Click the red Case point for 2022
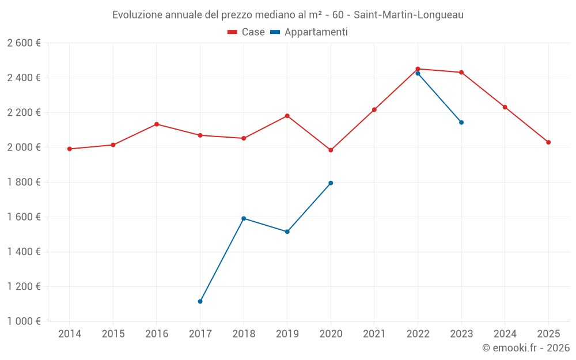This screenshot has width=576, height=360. pos(418,69)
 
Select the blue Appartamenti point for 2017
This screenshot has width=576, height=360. pos(200,301)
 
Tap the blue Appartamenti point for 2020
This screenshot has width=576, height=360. pos(331,183)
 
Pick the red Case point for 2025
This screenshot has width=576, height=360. pos(548,142)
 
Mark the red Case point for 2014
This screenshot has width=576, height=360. pos(70,149)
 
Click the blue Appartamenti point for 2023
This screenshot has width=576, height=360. pos(461,122)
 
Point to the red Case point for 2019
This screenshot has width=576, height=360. pos(287,116)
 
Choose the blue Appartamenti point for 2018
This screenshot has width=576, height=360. pos(244,218)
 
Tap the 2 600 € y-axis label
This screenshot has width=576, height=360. pos(24,43)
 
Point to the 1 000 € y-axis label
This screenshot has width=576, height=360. pos(24,321)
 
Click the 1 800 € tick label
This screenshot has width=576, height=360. pos(24,182)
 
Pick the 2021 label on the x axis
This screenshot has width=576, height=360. pos(374,334)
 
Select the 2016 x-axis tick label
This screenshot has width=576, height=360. pos(157,334)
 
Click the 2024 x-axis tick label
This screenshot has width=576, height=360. pos(505,334)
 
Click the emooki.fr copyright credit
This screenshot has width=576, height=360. pos(525,348)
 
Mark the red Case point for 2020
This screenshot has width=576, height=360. pos(331,150)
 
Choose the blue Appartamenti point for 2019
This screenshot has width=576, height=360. pos(287,232)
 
